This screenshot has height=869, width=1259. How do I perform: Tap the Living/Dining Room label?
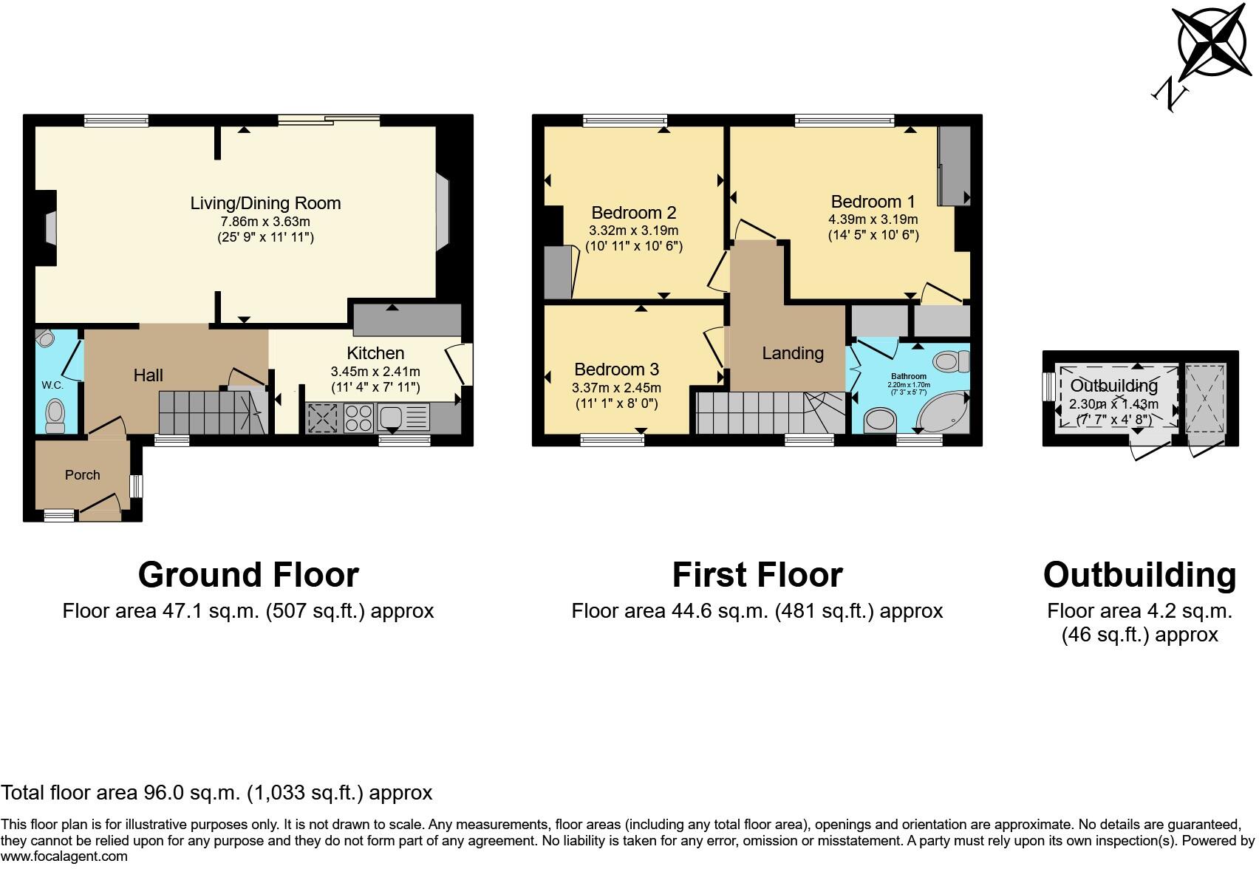click(265, 203)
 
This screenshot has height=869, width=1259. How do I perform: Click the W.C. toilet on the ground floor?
click(55, 416)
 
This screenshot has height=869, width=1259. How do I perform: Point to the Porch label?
click(82, 475)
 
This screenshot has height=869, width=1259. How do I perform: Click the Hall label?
click(148, 375)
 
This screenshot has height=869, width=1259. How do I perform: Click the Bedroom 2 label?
click(633, 213)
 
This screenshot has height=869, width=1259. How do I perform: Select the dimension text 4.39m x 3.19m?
click(873, 219)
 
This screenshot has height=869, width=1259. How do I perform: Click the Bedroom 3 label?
click(616, 369)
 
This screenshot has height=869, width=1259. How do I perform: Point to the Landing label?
click(792, 353)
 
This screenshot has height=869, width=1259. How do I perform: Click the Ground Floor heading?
click(248, 575)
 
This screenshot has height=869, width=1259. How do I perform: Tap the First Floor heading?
click(757, 575)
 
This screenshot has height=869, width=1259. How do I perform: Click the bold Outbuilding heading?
click(1139, 575)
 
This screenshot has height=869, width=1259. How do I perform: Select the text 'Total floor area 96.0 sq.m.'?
click(120, 793)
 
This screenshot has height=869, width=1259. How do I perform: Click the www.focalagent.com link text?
click(64, 856)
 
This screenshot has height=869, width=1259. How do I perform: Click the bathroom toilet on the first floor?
click(951, 361)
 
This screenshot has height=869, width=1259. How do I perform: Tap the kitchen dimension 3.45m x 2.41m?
click(375, 372)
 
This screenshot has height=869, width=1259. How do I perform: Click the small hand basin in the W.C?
click(47, 338)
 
